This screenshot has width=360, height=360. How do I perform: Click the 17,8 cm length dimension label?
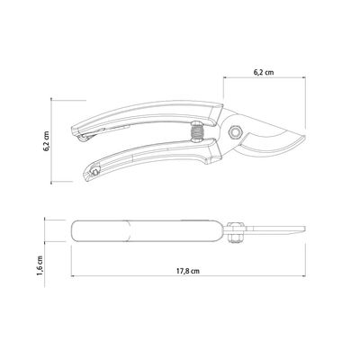[x=188, y=271]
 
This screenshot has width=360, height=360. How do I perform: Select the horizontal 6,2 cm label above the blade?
[x=264, y=72]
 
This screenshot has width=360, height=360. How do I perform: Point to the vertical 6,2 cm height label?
[x=48, y=140]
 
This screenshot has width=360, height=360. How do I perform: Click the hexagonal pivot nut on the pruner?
[x=235, y=132]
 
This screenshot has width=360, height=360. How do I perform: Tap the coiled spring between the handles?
[x=197, y=132]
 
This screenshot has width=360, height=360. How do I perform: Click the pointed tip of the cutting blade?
[x=305, y=137]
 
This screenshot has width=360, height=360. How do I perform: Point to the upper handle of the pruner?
[x=147, y=115]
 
